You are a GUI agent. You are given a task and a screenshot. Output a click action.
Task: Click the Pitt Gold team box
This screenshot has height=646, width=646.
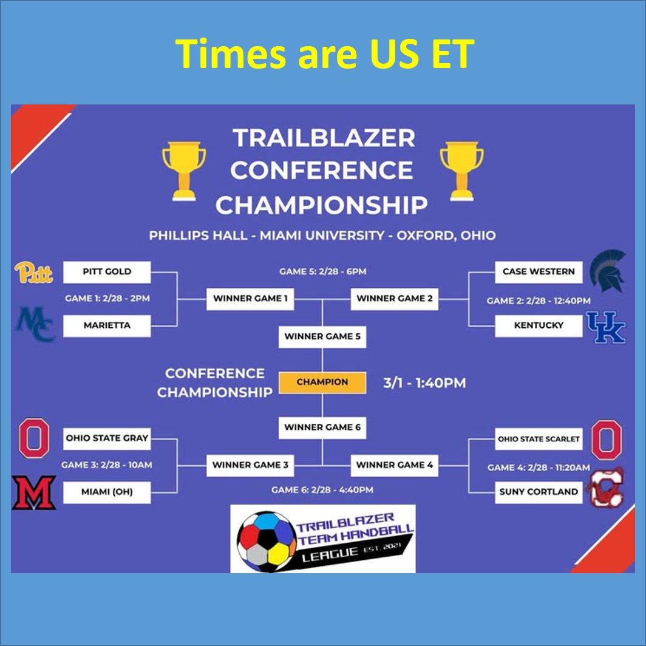click(107, 272)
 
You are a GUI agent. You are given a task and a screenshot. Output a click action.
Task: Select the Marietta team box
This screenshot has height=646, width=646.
click(107, 325)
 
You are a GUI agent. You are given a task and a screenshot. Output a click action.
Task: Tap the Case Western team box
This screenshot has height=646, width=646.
click(539, 272)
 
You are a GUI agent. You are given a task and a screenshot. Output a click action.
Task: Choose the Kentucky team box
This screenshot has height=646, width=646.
click(539, 325)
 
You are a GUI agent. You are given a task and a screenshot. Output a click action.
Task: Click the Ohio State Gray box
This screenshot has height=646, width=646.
click(107, 438)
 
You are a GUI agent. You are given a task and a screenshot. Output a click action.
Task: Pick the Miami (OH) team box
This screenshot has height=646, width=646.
click(107, 492)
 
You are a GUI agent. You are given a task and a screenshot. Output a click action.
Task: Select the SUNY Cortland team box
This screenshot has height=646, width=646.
click(539, 492)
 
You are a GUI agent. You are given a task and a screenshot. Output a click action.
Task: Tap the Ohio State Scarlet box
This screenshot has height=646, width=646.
click(539, 439)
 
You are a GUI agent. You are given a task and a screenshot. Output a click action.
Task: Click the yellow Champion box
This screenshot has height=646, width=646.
click(322, 382)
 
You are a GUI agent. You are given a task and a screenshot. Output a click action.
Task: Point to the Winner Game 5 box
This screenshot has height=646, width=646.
click(322, 336)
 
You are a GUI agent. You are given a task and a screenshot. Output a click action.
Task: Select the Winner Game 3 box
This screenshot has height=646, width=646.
click(250, 466)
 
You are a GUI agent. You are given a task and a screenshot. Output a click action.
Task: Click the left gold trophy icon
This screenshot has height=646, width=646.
click(184, 171)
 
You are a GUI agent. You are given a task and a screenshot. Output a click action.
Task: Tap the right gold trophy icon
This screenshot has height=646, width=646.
click(461, 171)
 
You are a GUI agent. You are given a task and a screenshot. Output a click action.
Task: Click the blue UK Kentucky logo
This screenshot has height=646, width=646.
click(605, 327)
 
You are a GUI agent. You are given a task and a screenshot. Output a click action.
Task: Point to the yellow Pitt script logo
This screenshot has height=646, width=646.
click(34, 273)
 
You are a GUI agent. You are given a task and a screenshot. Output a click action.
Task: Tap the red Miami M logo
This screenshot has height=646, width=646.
click(34, 492)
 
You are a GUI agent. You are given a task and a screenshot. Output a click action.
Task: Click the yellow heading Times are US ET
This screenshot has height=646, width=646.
click(323, 53)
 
